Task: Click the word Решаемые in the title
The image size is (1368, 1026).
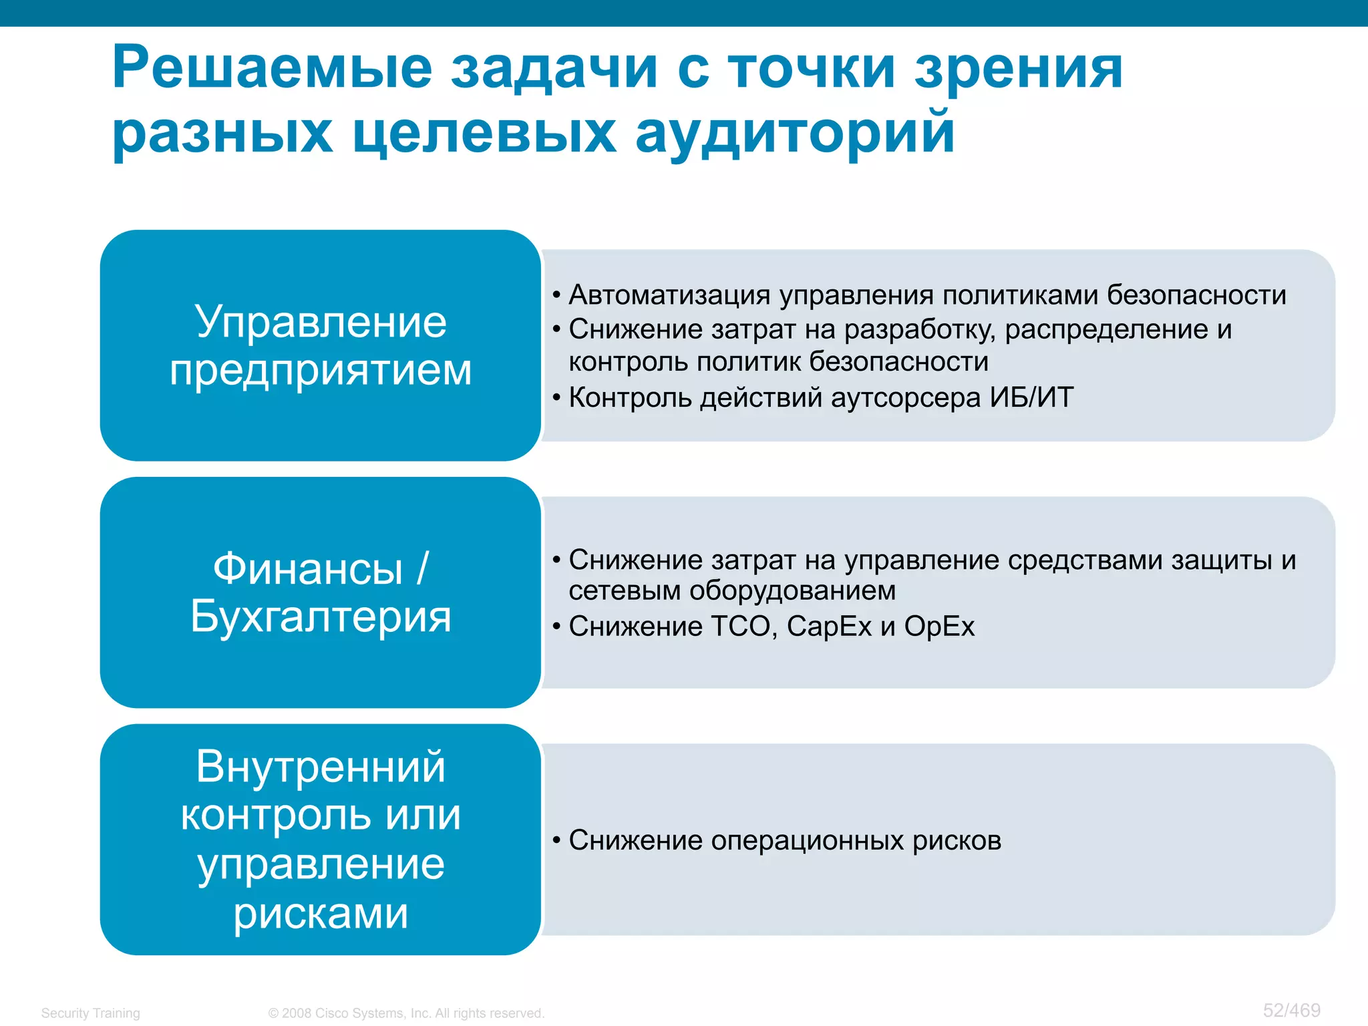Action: [x=273, y=68]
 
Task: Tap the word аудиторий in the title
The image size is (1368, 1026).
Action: [x=795, y=132]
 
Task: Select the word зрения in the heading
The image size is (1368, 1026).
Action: [x=1019, y=68]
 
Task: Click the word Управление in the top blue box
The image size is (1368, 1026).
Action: [x=321, y=322]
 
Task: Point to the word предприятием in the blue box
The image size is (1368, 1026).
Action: [x=321, y=370]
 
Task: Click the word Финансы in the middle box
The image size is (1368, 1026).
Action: [x=308, y=569]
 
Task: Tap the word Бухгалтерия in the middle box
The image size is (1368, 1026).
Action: [x=321, y=616]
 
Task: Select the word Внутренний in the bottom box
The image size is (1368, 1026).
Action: [x=321, y=766]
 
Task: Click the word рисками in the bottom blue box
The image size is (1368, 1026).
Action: [x=321, y=913]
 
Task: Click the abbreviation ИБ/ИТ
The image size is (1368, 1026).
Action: [x=1031, y=397]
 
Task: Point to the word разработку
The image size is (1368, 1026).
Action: [x=919, y=329]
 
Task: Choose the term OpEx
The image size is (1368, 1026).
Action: [x=939, y=627]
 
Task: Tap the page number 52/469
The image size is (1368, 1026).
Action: [x=1291, y=1010]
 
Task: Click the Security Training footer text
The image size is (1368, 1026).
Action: [x=90, y=1013]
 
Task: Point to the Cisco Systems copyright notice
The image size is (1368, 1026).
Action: [x=406, y=1013]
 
